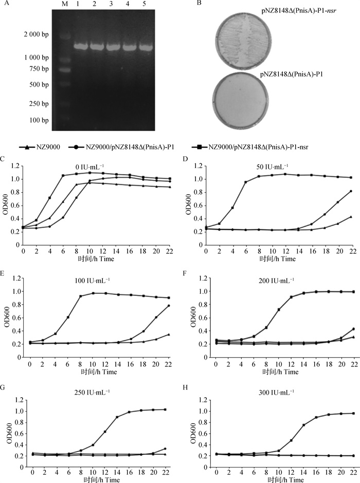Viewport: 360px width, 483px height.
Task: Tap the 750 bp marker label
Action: (x=39, y=69)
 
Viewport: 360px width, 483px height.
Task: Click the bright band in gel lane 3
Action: (x=113, y=46)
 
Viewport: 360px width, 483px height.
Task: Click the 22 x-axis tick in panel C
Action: (x=170, y=253)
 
